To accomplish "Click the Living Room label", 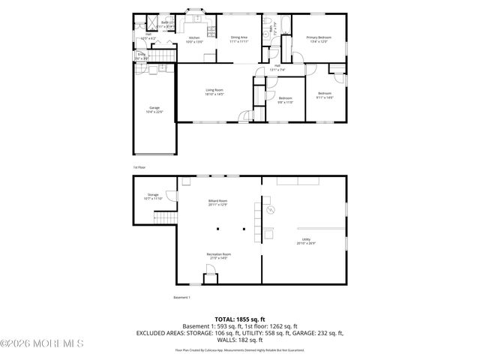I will (x=215, y=90).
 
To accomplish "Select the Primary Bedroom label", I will (x=320, y=37).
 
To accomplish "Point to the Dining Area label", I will (x=239, y=37).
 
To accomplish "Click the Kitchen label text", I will (x=194, y=37).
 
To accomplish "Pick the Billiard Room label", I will (x=218, y=201).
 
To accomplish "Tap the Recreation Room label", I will (x=218, y=254).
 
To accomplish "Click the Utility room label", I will (x=305, y=239).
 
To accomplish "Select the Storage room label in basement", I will (x=152, y=195).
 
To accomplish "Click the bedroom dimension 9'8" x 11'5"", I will (x=286, y=101).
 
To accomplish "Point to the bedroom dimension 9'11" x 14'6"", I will (x=324, y=97).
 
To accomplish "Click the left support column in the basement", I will (x=218, y=229).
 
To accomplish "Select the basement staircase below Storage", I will (x=165, y=218).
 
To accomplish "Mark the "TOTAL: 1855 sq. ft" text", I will (x=239, y=319).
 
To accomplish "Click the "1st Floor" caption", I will (x=139, y=167).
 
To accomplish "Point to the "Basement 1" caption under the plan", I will (x=183, y=298).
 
